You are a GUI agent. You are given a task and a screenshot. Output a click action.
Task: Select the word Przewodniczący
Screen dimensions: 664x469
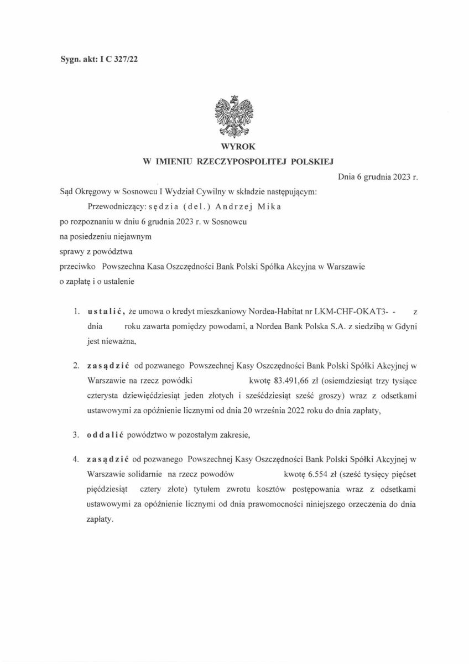pyautogui.click(x=114, y=206)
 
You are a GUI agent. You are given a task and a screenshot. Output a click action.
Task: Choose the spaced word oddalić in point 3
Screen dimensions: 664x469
pyautogui.click(x=105, y=434)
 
